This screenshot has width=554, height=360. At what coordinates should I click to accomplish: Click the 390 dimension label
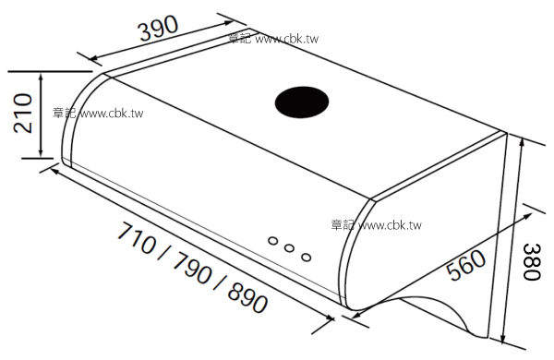coord(159,28)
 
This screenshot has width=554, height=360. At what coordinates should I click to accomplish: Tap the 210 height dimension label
coord(22,113)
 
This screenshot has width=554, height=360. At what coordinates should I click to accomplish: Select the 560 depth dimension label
coord(466,265)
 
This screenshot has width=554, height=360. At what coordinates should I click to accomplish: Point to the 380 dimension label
coord(532,261)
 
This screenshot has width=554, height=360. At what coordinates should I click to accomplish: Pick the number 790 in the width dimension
coord(193,268)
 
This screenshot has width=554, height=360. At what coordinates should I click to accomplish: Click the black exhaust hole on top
coord(302,102)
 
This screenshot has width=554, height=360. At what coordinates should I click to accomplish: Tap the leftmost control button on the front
coord(272,241)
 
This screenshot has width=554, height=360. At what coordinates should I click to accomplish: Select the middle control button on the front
coord(289,248)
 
